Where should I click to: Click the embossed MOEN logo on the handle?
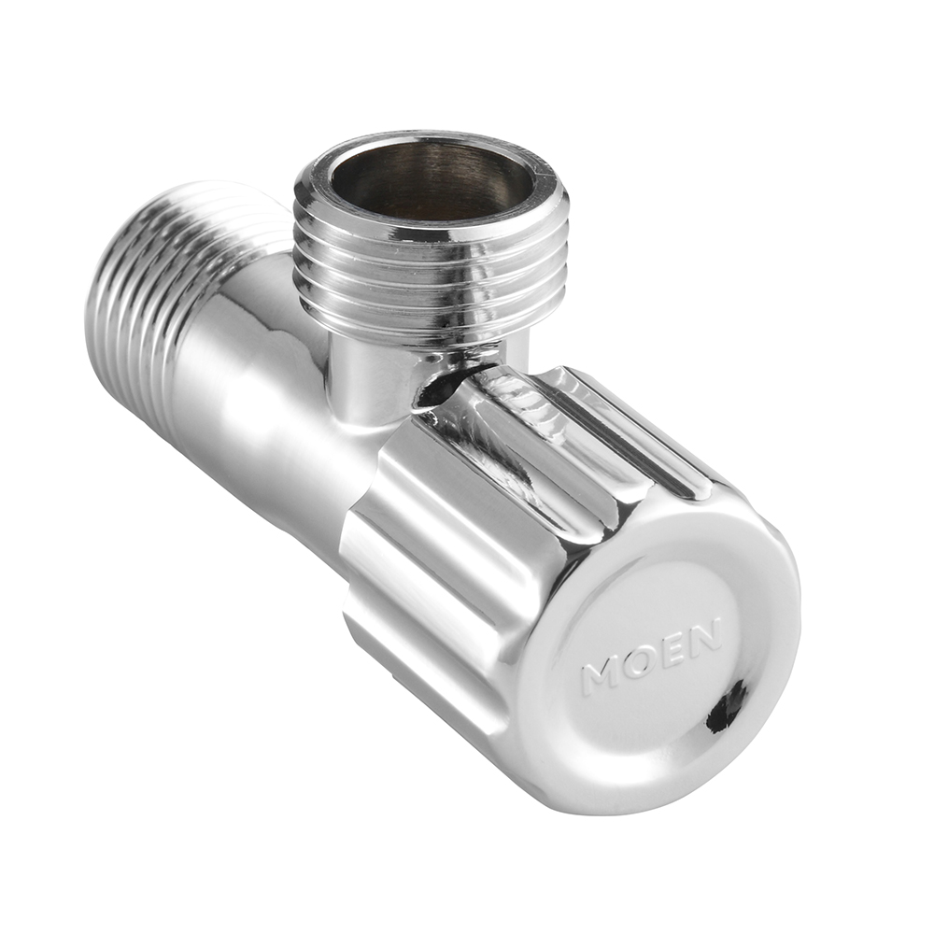coord(652,657)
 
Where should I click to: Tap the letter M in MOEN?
coord(602,676)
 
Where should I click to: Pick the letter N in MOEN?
coord(703,634)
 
